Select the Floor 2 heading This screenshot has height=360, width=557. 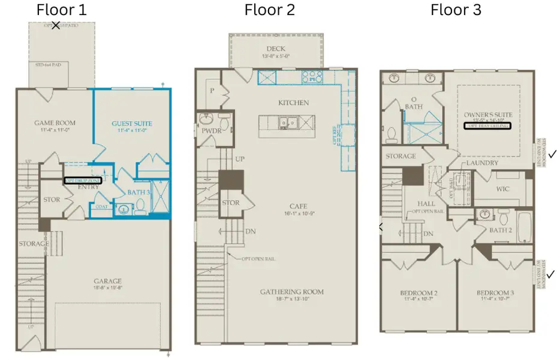tap(269, 10)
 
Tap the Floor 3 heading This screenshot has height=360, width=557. tap(456, 10)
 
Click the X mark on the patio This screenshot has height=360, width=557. tap(56, 26)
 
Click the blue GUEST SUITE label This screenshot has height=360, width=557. tap(132, 124)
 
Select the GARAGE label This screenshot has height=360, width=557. tap(107, 281)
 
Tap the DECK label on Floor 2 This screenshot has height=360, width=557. tap(276, 49)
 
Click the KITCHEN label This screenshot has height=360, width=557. tap(293, 103)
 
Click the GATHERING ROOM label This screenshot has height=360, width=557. tap(291, 292)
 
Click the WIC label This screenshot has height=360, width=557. tap(502, 190)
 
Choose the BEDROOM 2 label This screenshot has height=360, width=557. tap(418, 293)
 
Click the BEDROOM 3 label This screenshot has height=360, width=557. tap(495, 293)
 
